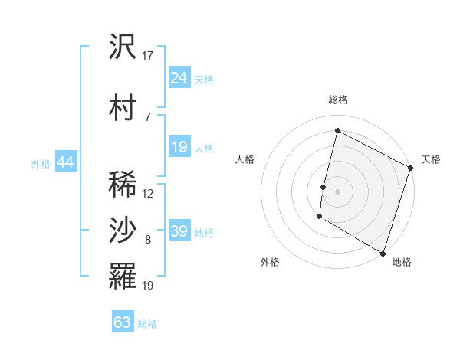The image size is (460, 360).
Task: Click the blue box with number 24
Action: click(x=179, y=78)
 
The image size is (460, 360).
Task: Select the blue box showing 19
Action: click(x=179, y=147)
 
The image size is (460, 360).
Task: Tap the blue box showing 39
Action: click(x=179, y=231)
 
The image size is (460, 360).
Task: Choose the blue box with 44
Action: click(x=65, y=162)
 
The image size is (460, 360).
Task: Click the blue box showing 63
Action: click(x=123, y=322)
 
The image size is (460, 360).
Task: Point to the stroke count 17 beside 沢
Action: click(x=148, y=56)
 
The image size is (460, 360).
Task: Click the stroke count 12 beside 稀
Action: click(x=148, y=194)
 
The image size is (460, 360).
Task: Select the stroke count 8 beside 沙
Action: click(x=148, y=241)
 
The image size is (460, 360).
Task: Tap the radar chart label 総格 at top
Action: click(x=338, y=100)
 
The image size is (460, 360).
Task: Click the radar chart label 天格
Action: click(x=431, y=159)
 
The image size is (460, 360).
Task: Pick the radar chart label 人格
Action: click(x=245, y=159)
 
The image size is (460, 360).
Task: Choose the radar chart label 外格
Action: click(x=270, y=262)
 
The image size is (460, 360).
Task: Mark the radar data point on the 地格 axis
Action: click(x=383, y=253)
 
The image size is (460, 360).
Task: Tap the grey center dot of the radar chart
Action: click(x=337, y=191)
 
